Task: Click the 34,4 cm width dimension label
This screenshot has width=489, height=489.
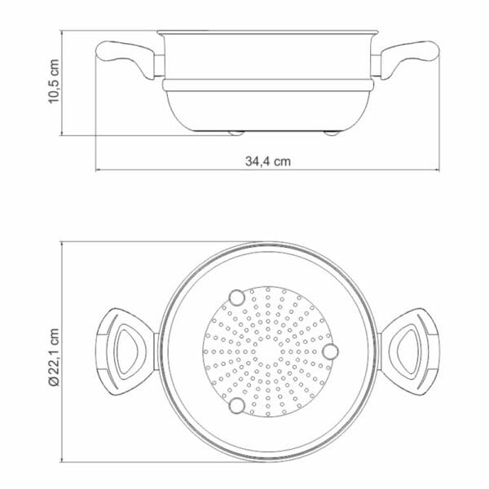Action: click(269, 161)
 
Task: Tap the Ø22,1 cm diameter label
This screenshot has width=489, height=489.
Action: click(55, 357)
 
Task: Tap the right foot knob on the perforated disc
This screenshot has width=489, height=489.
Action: click(330, 350)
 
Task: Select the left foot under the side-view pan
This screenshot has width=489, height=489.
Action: click(236, 132)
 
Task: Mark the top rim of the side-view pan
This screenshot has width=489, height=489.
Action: click(268, 33)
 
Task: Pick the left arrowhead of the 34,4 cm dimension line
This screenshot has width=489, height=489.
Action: click(99, 170)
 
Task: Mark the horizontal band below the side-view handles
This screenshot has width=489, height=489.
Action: click(269, 84)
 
